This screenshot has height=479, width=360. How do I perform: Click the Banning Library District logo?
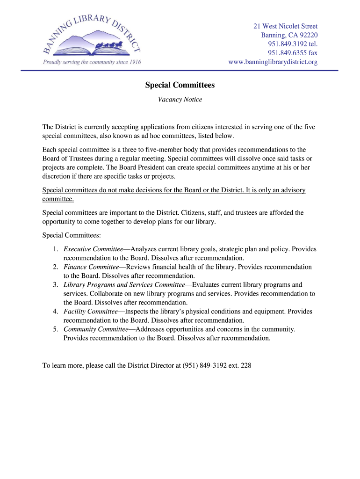tap(92, 39)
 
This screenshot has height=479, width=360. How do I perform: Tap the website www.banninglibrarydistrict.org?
tap(273, 62)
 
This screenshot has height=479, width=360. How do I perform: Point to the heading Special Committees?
tap(180, 85)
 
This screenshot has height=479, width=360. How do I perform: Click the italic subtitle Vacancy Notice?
tap(180, 100)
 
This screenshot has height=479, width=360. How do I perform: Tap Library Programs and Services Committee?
tap(124, 285)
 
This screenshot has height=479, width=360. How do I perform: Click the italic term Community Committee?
tap(96, 329)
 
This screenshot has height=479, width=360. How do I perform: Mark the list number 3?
tap(55, 285)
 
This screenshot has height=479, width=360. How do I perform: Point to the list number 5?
tap(55, 329)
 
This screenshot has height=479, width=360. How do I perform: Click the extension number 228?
tap(246, 366)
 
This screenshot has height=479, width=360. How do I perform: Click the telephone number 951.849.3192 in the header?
tap(287, 44)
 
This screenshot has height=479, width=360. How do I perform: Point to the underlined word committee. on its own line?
tap(58, 199)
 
